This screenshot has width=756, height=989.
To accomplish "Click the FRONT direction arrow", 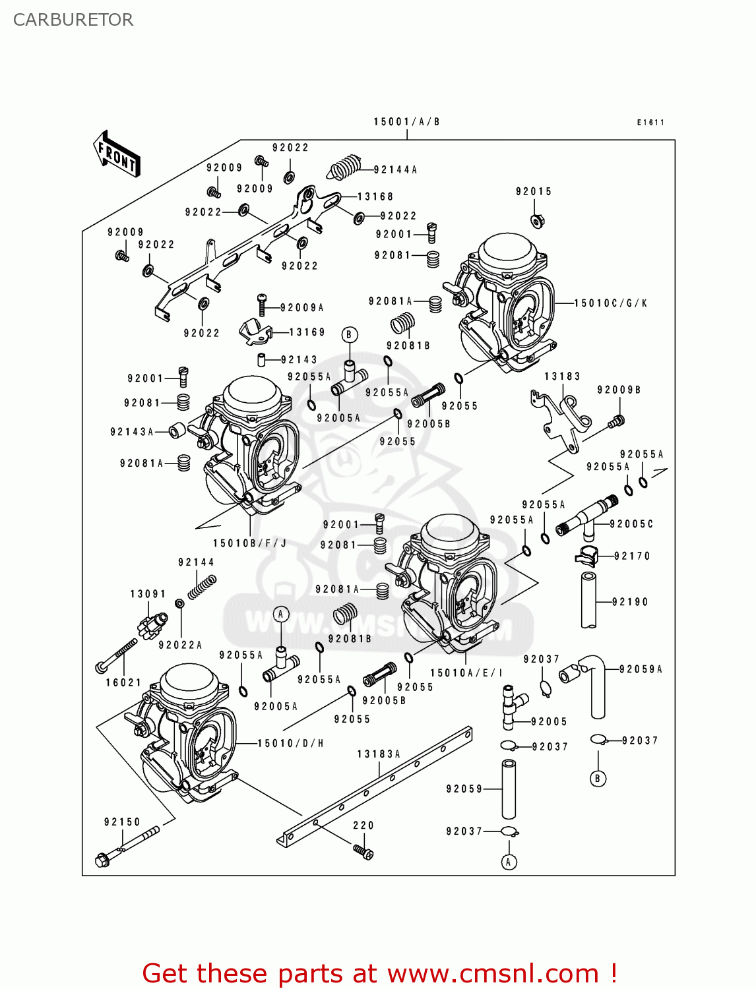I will pos(117,154).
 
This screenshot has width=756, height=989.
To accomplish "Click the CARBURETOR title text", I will pos(73,20).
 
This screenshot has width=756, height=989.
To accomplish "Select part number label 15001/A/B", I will pos(406,122).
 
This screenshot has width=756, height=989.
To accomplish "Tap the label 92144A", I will pos(395,170).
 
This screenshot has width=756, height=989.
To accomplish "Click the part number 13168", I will pos(375,197).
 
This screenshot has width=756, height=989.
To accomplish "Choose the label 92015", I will pos(533,192).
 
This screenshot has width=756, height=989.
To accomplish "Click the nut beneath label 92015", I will pos(537,220).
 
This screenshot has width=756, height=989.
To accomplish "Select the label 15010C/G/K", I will pos(610,303).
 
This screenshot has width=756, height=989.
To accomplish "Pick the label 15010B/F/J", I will pos(249,544).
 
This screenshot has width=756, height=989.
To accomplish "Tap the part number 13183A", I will pos(379,754).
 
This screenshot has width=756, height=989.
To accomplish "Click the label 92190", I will pos(629,602).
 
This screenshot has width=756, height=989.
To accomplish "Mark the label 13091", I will pos(148,594).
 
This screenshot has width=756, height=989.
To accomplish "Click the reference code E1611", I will pos(650,123).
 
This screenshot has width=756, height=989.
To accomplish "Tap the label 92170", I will pos(631,556).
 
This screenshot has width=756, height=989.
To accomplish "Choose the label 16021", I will pos(123,683).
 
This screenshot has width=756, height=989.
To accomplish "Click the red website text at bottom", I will pos(379,973).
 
